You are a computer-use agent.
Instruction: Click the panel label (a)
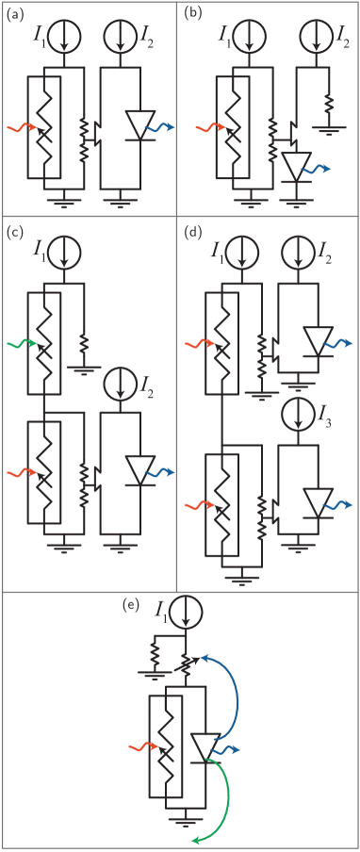(x=14, y=12)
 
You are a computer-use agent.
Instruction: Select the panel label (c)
(x=14, y=230)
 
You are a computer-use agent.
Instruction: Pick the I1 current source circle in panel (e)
(x=188, y=611)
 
